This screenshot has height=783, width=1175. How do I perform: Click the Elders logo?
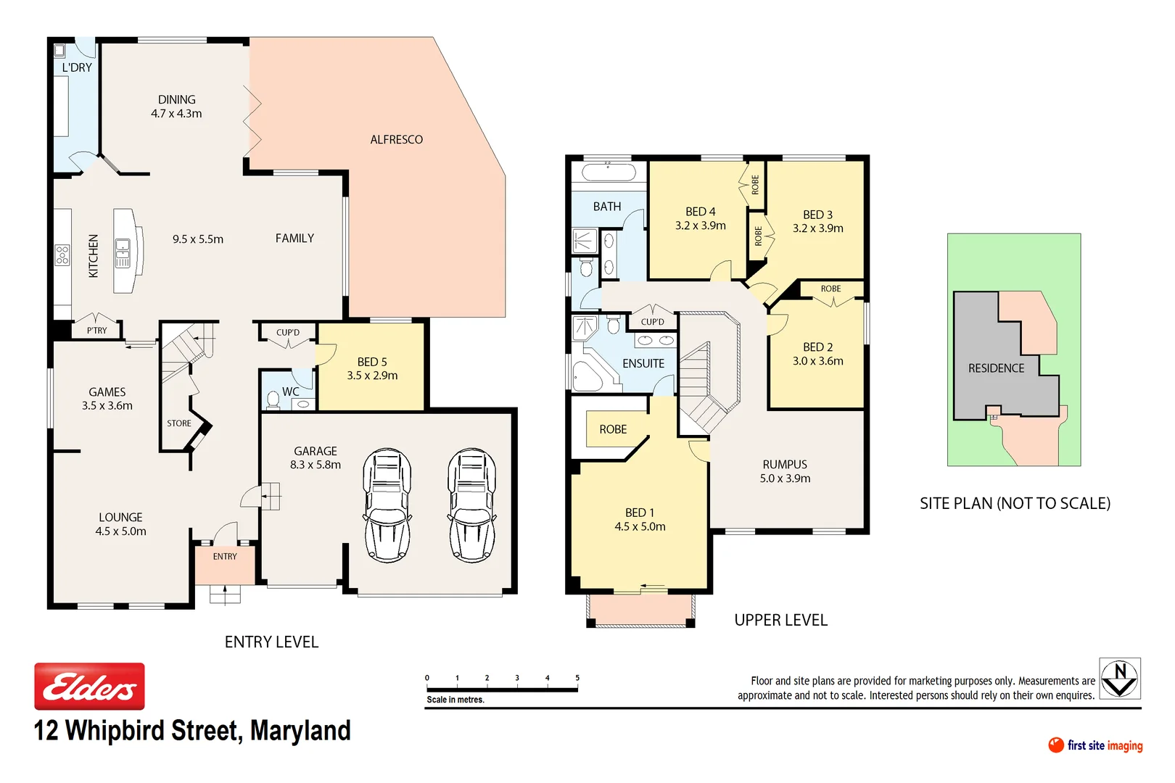point(89,686)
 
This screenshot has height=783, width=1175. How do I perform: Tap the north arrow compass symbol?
point(1119,679)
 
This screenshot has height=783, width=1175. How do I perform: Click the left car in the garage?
point(387,505)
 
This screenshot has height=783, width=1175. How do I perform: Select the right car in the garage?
point(472,505)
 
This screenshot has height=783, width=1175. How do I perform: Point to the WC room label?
point(291,391)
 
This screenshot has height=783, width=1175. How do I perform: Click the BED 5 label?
point(372,362)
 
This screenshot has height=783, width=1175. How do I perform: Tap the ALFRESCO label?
point(396,139)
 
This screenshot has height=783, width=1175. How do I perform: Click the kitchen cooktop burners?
point(62,254)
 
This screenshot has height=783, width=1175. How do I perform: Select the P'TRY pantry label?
point(96,331)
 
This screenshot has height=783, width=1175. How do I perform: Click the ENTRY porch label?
point(225,557)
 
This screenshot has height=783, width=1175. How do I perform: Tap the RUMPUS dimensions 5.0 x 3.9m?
point(785,478)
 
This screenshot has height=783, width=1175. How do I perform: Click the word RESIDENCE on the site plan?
point(996,368)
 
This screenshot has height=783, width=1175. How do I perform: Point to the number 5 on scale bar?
point(577,678)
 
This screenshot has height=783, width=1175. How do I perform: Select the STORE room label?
point(179,423)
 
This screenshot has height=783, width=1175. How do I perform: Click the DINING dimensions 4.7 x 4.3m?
point(176,114)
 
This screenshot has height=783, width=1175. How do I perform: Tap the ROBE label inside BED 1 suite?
point(613,429)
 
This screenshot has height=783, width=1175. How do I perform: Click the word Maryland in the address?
point(300,731)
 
